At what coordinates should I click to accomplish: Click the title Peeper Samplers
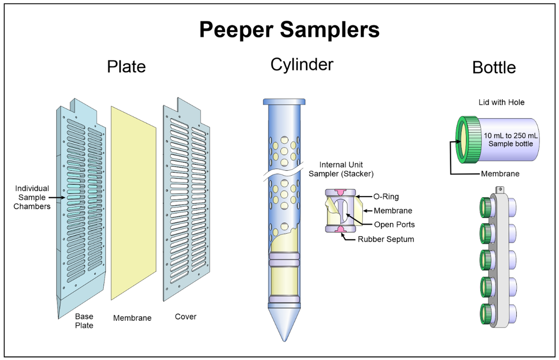tap(289, 30)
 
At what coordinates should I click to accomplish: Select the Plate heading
tap(126, 67)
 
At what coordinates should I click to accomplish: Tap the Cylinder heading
tap(302, 65)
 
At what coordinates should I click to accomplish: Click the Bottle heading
tap(494, 67)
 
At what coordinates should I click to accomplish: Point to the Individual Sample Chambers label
tap(32, 197)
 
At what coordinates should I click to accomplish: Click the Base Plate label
tap(84, 321)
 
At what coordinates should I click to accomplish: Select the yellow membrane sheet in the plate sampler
tap(134, 203)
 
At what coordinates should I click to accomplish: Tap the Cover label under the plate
tap(185, 317)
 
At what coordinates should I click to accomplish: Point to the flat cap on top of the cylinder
tap(284, 102)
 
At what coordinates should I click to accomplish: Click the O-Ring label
tap(386, 197)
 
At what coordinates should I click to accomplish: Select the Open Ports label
tap(394, 224)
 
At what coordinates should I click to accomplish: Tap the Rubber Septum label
tap(386, 239)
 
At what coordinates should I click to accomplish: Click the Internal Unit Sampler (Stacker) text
tap(341, 169)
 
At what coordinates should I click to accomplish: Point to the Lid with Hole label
tap(501, 102)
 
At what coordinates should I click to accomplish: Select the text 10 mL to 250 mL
tap(510, 136)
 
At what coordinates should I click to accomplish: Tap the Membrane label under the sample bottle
tap(500, 174)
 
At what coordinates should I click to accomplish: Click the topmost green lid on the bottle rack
tap(486, 207)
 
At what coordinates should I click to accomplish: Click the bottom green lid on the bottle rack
tap(486, 314)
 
